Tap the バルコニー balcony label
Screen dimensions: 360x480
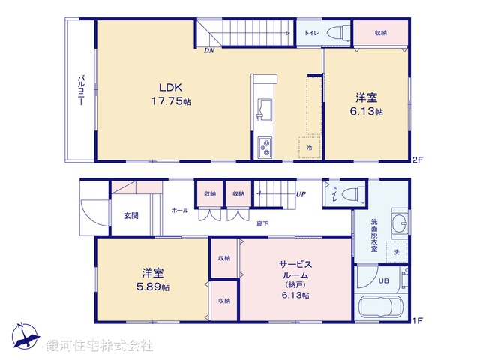tap(80, 91)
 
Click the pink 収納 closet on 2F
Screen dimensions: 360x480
tap(381, 33)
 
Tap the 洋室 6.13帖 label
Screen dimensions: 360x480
tap(368, 103)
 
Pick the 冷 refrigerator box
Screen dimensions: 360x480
tap(309, 148)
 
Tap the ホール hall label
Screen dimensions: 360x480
tap(180, 211)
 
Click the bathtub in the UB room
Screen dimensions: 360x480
tap(382, 307)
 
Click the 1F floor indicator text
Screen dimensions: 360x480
tap(417, 320)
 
